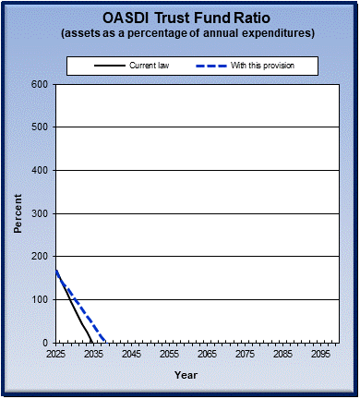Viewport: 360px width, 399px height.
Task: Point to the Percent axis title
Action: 18,213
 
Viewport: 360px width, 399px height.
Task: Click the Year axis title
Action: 186,376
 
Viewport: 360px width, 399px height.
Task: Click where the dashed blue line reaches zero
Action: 106,342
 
